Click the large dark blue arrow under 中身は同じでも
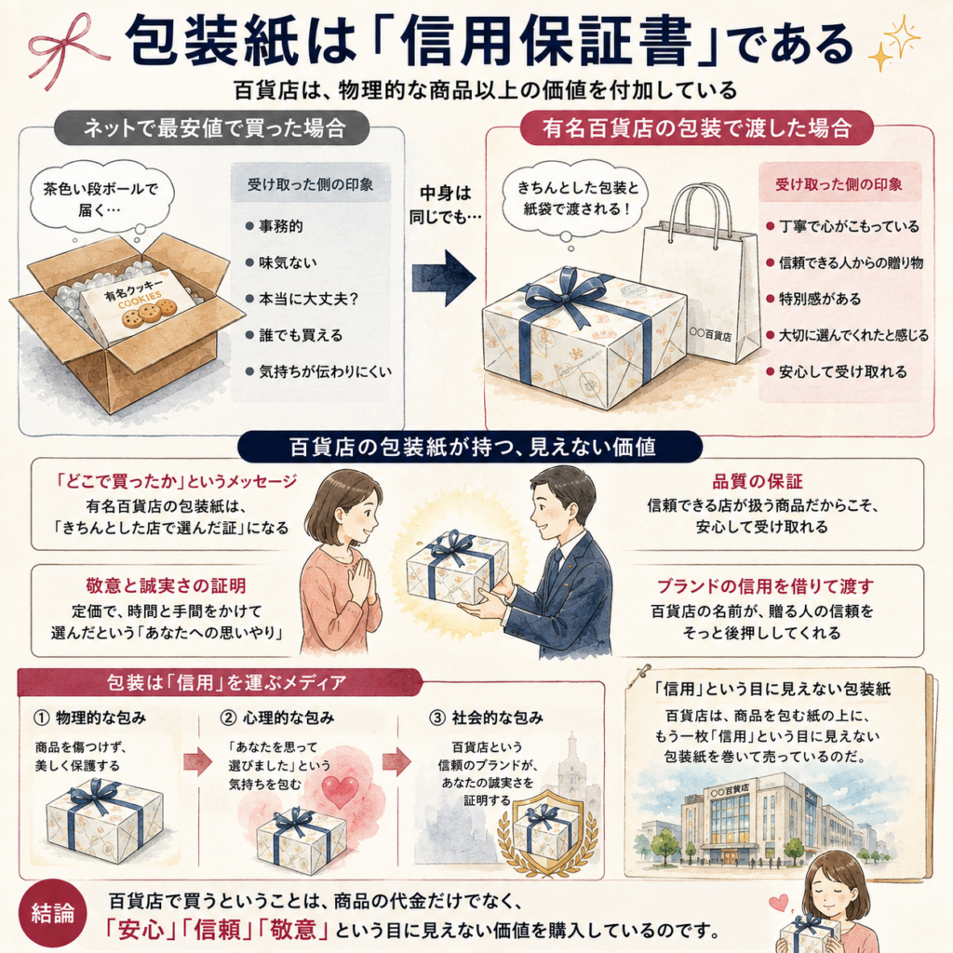point(444,277)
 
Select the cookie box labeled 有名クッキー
point(138,305)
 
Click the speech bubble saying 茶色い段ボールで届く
point(101,198)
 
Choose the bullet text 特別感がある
point(820,299)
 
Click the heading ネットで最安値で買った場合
point(213,128)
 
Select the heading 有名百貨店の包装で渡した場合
point(696,128)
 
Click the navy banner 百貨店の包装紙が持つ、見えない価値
point(470,448)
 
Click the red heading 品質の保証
point(758,482)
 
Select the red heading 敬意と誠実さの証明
point(166,586)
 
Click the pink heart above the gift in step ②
point(339,791)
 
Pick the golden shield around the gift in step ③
point(539,826)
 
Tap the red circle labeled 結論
point(53,914)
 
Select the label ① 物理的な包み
point(90,718)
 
